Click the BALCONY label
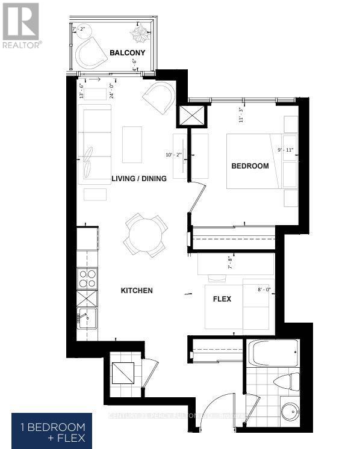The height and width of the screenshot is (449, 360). [128, 54]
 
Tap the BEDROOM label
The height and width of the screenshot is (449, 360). [250, 166]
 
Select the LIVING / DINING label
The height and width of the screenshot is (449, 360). [139, 179]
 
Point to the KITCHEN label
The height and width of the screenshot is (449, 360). [137, 291]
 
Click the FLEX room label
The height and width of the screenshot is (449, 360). [222, 299]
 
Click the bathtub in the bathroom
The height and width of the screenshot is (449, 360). [274, 353]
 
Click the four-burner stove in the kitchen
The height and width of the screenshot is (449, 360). [87, 278]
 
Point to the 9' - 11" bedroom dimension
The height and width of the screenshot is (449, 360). [282, 150]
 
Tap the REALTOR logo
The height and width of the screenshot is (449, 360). [22, 25]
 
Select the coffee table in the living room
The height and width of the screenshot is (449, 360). [132, 144]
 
